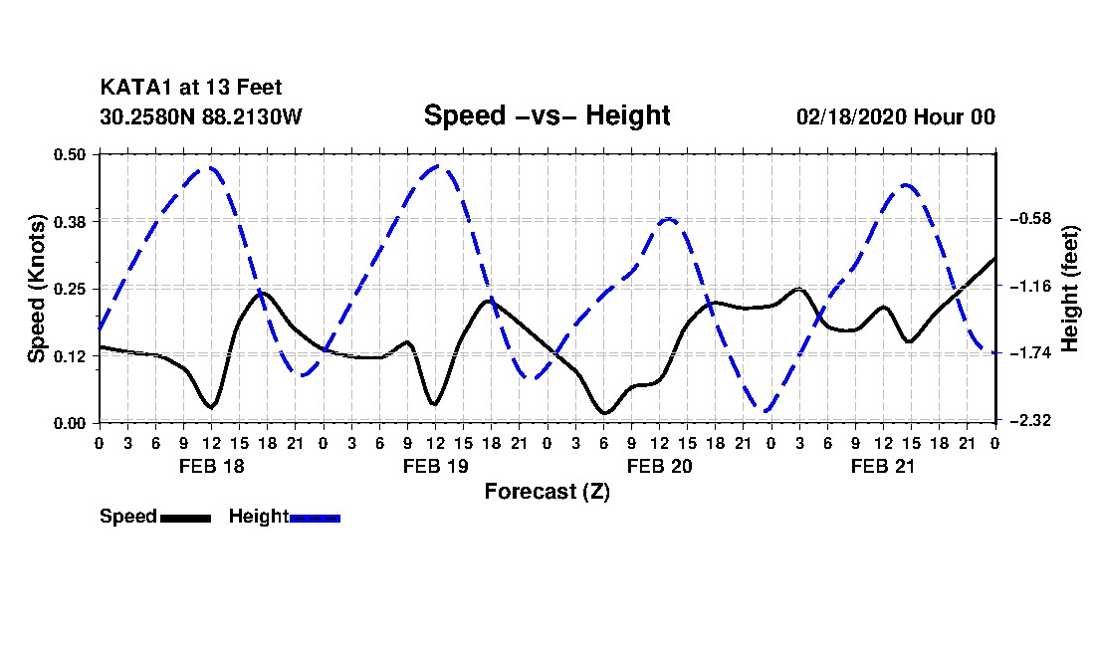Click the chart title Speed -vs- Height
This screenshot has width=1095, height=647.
pyautogui.click(x=547, y=115)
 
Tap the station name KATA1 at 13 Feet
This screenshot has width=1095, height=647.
pyautogui.click(x=191, y=88)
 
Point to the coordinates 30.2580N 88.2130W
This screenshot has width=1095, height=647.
pyautogui.click(x=201, y=116)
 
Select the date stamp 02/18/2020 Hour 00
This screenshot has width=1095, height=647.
pyautogui.click(x=896, y=116)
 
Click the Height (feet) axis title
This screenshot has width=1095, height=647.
pyautogui.click(x=1070, y=289)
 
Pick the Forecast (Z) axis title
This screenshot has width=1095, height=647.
pyautogui.click(x=547, y=492)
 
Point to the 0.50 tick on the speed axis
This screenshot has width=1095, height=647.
pyautogui.click(x=70, y=154)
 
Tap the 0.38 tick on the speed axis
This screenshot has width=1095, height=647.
pyautogui.click(x=70, y=222)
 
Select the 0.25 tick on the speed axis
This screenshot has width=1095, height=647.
pyautogui.click(x=70, y=289)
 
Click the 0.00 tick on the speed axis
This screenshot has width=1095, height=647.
pyautogui.click(x=70, y=424)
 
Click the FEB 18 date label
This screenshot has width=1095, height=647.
pyautogui.click(x=212, y=466)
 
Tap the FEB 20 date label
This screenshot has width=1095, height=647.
pyautogui.click(x=659, y=466)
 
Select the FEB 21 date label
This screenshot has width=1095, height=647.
pyautogui.click(x=883, y=466)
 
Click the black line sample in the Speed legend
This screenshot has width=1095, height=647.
pyautogui.click(x=185, y=518)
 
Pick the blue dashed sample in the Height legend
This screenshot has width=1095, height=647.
pyautogui.click(x=315, y=518)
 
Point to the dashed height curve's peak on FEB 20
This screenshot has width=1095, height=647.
pyautogui.click(x=668, y=218)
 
